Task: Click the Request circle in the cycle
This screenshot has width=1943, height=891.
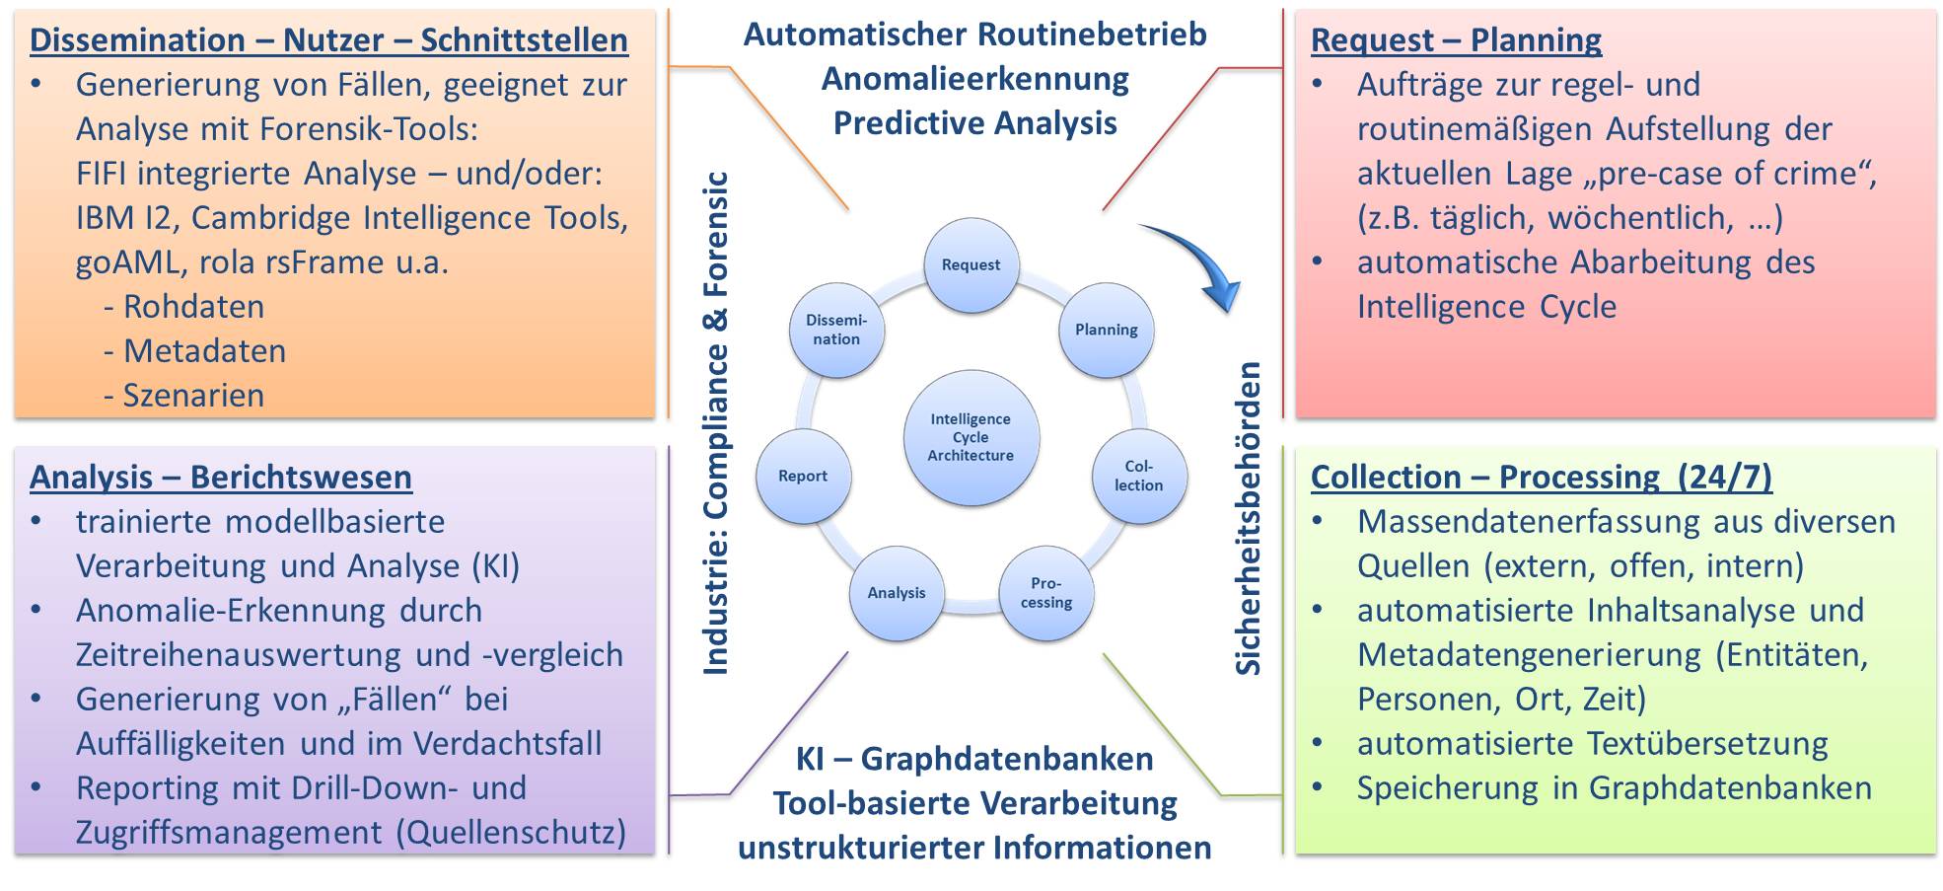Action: [971, 264]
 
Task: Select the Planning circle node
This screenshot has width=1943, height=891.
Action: [1106, 330]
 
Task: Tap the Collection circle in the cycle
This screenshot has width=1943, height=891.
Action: [1138, 476]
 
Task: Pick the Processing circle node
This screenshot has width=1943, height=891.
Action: [1046, 593]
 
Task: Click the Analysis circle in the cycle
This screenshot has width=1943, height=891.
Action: [897, 593]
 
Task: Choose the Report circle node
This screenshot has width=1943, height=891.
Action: [803, 476]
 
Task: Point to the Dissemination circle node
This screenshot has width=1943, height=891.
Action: [836, 330]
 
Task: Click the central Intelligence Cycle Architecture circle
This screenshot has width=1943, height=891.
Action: [971, 437]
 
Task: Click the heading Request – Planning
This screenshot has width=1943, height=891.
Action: [1456, 40]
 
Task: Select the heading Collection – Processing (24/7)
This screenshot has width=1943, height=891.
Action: [1541, 478]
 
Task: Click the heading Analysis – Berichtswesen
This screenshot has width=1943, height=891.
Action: [221, 478]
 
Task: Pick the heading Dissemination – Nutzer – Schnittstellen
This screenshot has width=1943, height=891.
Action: [328, 40]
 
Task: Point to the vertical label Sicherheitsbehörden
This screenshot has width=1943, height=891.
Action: [1249, 518]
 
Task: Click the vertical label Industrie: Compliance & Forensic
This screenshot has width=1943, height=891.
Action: [716, 424]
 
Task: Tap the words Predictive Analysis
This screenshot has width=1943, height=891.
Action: [974, 123]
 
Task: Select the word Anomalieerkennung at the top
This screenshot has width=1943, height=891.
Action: [974, 79]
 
